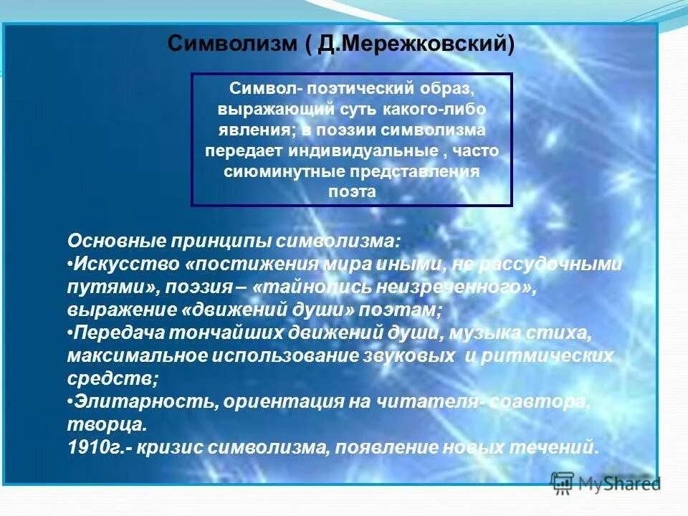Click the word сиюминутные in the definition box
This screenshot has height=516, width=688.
coord(284,172)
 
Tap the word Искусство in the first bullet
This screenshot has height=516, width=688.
coord(127,264)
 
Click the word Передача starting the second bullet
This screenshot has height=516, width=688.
coord(115,333)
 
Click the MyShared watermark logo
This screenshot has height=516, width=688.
coord(606,483)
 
